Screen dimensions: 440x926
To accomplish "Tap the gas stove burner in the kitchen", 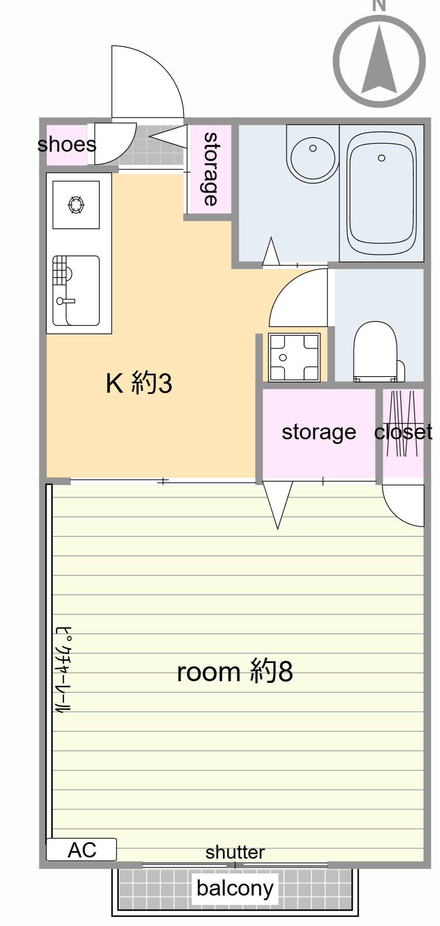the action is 76,205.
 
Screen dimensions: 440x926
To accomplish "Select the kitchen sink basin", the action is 76,291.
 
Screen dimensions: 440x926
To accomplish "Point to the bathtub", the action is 381,193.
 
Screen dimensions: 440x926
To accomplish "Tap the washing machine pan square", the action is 294,357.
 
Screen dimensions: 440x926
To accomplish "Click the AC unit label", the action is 82,850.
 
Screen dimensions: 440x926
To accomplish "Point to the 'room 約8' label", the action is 235,671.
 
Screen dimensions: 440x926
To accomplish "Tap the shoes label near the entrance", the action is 67,144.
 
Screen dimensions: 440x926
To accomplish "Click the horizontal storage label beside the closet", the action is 319,433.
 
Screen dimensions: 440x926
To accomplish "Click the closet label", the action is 403,432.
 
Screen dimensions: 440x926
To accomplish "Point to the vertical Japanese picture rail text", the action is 64,669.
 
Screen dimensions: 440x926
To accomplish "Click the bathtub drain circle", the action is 382,158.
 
